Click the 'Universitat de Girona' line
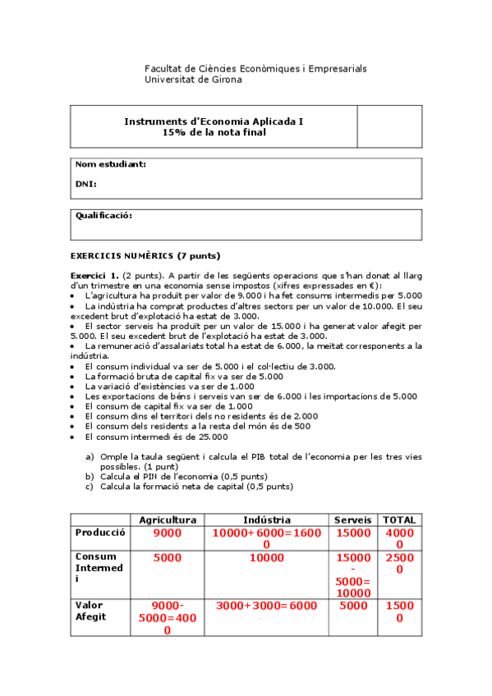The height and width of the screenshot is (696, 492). click(x=193, y=80)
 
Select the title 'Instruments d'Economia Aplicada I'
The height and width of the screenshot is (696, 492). click(x=214, y=121)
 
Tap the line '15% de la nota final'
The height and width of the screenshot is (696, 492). click(x=214, y=132)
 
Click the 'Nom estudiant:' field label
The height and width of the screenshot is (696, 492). click(x=111, y=164)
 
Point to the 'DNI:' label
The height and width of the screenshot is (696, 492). click(x=86, y=184)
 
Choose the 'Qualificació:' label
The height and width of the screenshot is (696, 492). click(x=103, y=216)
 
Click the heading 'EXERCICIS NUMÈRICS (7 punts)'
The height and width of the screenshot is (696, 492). click(x=145, y=255)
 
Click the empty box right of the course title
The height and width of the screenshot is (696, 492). click(x=389, y=126)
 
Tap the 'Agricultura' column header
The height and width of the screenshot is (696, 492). click(x=168, y=520)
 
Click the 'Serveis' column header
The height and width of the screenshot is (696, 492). click(x=353, y=520)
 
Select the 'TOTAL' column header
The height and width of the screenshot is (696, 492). click(x=399, y=520)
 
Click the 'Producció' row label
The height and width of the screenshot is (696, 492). click(x=100, y=532)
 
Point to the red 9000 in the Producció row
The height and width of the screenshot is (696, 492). click(x=168, y=533)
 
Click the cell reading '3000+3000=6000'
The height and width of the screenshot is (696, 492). click(x=266, y=606)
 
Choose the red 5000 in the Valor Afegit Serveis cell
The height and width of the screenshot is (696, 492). click(x=353, y=606)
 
